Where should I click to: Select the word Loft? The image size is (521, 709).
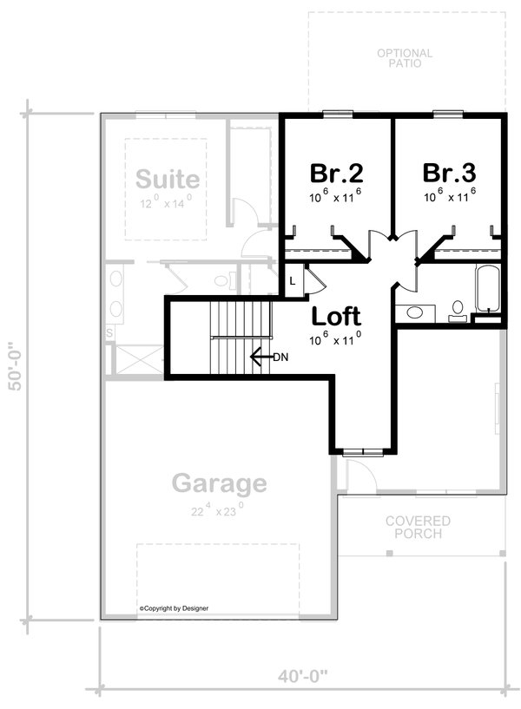(x=336, y=315)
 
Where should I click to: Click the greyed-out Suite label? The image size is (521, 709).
(x=168, y=180)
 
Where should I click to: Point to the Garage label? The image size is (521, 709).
(x=219, y=483)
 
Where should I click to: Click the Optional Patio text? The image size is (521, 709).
(x=405, y=58)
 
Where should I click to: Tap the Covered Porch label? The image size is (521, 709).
(x=418, y=527)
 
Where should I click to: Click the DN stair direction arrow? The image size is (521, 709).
(x=260, y=356)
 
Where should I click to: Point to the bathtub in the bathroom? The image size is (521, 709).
(x=486, y=289)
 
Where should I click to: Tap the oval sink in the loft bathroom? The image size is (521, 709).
(x=415, y=312)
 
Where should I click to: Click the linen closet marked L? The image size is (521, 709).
(x=293, y=281)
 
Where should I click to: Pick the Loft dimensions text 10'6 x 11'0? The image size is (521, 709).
(x=335, y=339)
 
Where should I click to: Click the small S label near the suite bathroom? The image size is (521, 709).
(x=110, y=332)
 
